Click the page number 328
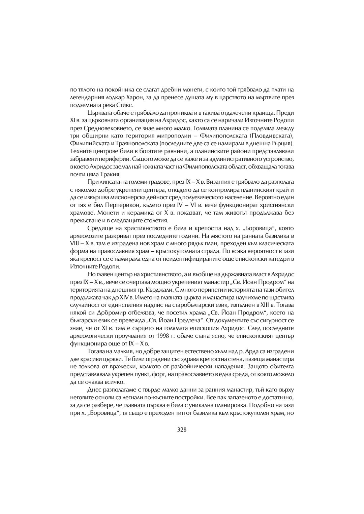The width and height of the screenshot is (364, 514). coord(182,429)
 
